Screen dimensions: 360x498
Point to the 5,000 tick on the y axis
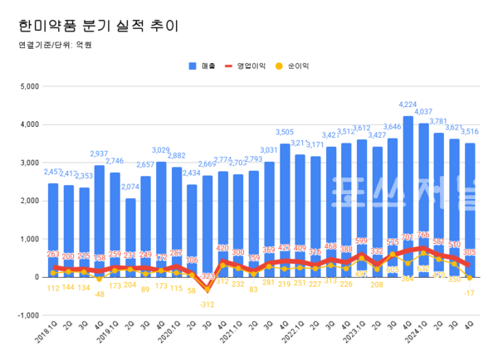(x=29, y=85)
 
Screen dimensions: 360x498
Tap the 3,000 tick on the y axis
(x=29, y=163)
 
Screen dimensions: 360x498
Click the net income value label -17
(x=470, y=293)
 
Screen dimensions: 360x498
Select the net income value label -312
(x=207, y=304)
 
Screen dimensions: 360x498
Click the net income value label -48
(x=100, y=293)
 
